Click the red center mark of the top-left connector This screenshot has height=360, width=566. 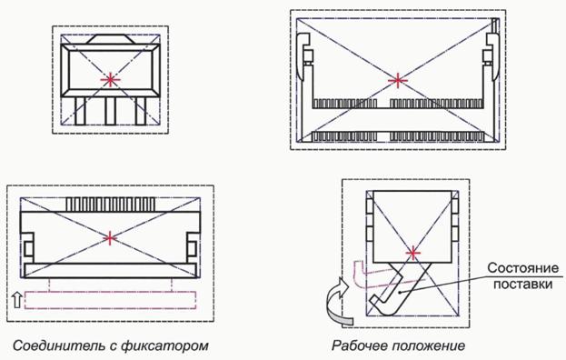click(x=110, y=80)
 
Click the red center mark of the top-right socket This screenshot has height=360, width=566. click(x=397, y=80)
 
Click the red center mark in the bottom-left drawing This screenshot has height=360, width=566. click(x=110, y=238)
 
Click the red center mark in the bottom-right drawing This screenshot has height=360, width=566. click(x=413, y=254)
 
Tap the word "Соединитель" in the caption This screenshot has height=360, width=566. click(x=58, y=345)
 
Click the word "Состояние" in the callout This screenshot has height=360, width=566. click(x=522, y=268)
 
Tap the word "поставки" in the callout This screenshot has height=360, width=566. click(x=522, y=285)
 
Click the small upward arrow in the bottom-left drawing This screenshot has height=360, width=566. click(x=16, y=300)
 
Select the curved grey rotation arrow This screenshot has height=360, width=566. click(x=339, y=303)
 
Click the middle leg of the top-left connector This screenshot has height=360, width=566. click(x=110, y=111)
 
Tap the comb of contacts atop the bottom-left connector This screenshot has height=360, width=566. click(x=111, y=204)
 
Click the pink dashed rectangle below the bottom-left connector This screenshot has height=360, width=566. click(x=110, y=300)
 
